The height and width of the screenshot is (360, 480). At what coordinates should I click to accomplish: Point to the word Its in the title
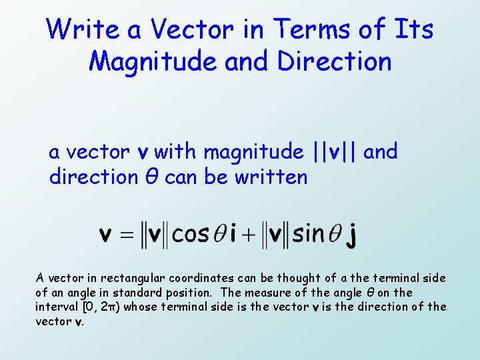coord(414,30)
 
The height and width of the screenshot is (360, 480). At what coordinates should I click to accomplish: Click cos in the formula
coord(190,235)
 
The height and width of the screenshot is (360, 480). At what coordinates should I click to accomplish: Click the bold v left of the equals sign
coord(105,235)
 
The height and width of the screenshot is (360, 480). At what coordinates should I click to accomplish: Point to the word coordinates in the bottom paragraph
coord(199,278)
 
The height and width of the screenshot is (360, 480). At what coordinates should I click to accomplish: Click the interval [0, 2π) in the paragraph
coord(104,307)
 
